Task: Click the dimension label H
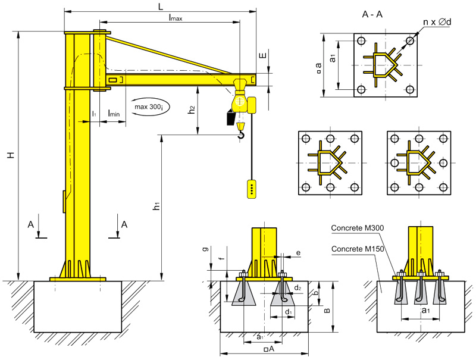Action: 10,155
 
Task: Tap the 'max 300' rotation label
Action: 152,107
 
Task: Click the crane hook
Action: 240,137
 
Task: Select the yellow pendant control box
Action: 252,188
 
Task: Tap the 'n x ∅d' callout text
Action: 437,22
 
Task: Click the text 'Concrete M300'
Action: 357,228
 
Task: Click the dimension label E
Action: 263,57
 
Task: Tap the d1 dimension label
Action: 288,312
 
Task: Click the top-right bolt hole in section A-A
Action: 410,40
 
